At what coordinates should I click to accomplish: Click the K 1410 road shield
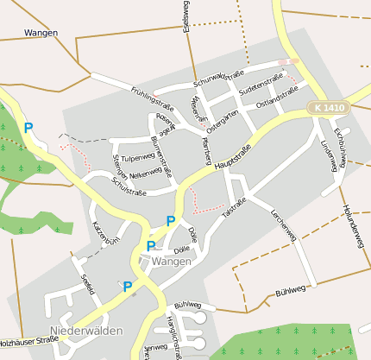pyautogui.click(x=330, y=107)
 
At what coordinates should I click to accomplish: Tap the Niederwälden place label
pyautogui.click(x=86, y=331)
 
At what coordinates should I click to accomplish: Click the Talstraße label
pyautogui.click(x=234, y=207)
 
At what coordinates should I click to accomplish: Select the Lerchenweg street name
pyautogui.click(x=283, y=224)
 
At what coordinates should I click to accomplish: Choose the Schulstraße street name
pyautogui.click(x=129, y=186)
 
